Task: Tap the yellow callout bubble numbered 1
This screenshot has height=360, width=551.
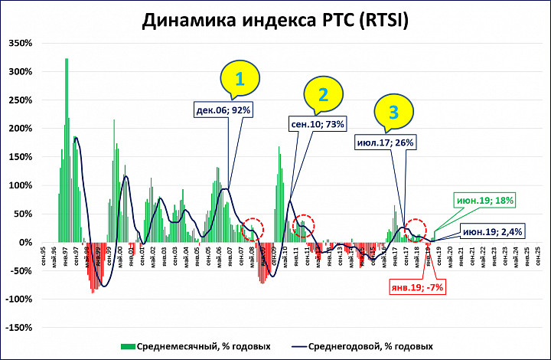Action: (x=240, y=80)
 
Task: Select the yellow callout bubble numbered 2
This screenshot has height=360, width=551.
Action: (x=323, y=95)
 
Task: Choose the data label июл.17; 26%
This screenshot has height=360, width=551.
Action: (x=385, y=142)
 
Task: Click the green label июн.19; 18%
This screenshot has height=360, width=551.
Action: (x=485, y=200)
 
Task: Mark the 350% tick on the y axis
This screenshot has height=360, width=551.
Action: (x=21, y=43)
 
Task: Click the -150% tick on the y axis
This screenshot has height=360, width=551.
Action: (x=19, y=327)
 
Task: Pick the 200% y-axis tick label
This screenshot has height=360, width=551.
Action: (x=21, y=128)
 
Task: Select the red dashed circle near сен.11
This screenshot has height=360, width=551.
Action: (x=304, y=225)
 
